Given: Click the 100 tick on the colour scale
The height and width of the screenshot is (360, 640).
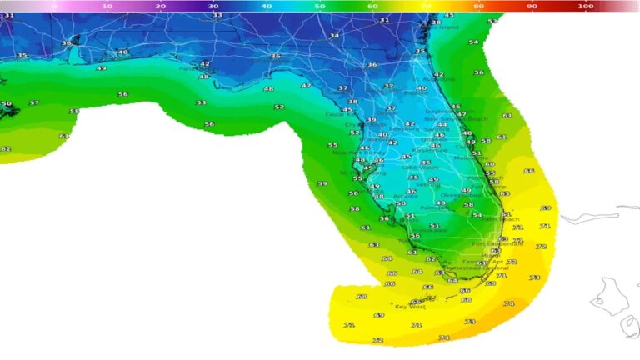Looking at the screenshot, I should (586, 7).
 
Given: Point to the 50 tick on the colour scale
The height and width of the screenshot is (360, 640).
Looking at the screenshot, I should (320, 7).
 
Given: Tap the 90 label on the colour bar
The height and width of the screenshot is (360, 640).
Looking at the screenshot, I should (532, 7).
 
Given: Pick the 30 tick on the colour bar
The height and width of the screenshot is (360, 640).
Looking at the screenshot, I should (214, 7).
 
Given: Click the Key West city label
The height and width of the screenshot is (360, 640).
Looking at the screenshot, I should (410, 307).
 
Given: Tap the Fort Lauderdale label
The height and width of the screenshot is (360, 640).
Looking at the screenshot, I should (497, 244).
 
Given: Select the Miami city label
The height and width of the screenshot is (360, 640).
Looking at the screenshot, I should (486, 255).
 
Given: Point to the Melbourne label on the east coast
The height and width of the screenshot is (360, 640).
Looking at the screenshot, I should (467, 158).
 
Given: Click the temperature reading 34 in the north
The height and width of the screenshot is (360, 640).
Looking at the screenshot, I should (334, 36).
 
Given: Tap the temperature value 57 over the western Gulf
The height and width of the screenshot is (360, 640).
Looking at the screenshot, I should (34, 103).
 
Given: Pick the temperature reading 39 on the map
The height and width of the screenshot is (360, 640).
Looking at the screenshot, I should (371, 120).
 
